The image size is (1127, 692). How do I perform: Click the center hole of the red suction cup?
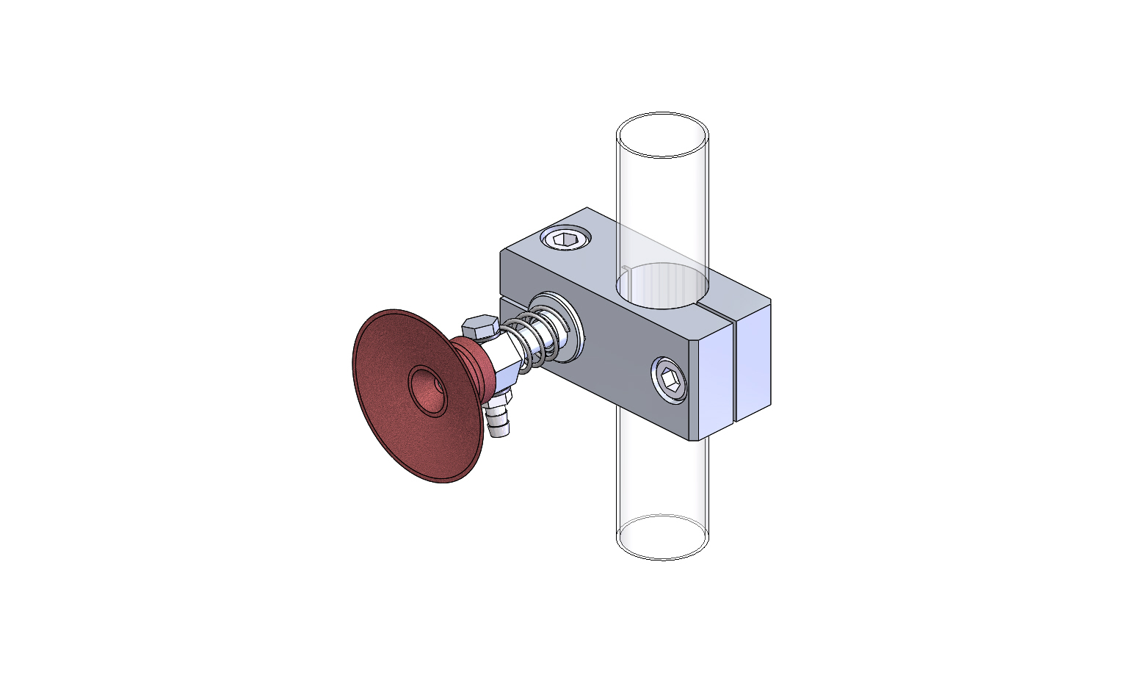point(428,391)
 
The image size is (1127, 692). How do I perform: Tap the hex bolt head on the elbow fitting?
point(481,326)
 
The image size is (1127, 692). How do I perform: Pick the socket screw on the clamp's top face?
point(565,239)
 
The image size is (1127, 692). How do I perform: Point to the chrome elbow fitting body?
point(507,364)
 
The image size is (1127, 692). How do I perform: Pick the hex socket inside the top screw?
point(565,239)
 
